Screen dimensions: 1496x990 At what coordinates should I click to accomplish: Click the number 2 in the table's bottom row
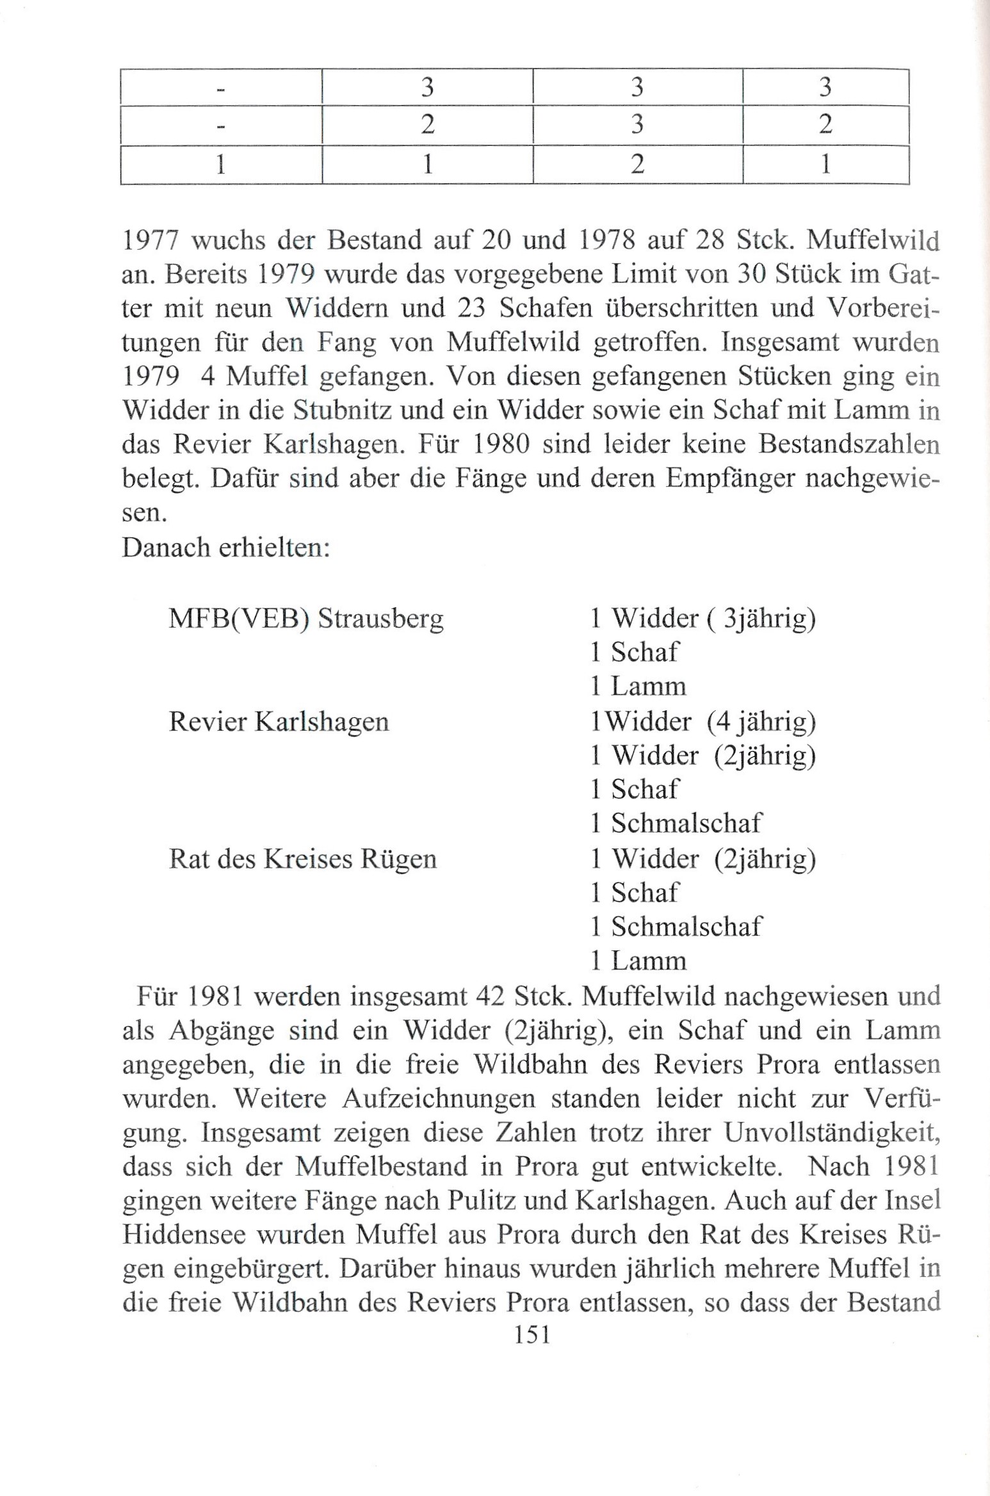(x=637, y=165)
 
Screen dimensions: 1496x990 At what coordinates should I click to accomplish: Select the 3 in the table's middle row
(x=637, y=124)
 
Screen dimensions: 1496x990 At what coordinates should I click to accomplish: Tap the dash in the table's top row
(x=221, y=90)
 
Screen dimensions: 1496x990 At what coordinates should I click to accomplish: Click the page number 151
(x=532, y=1334)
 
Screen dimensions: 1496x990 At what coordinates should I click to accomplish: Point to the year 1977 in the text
(x=152, y=240)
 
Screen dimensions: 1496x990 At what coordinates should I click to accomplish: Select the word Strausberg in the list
(x=381, y=619)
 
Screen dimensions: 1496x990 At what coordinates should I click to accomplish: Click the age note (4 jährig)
(x=761, y=722)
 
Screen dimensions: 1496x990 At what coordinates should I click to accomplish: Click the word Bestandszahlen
(x=848, y=444)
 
